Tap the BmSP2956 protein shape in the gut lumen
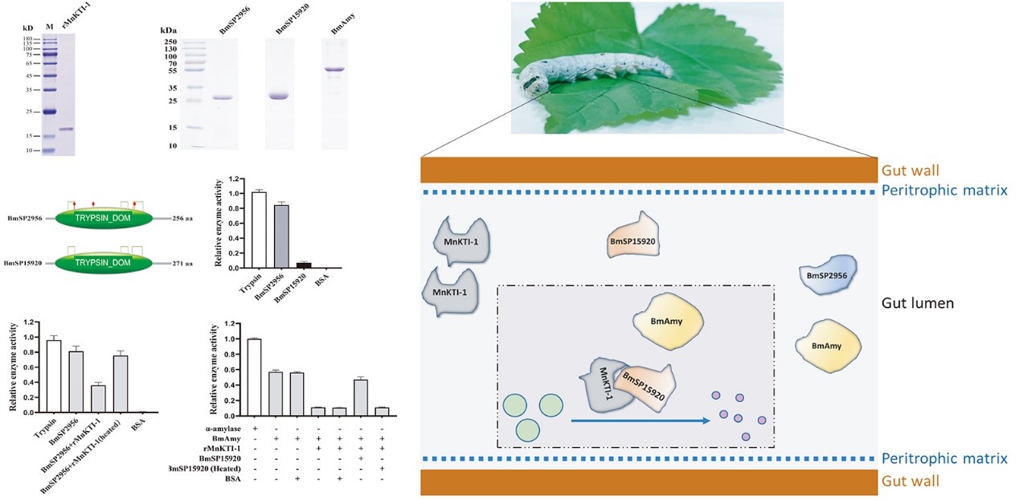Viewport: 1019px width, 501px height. (829, 275)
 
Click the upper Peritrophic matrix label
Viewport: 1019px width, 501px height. (944, 191)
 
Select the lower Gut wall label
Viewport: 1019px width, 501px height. (911, 481)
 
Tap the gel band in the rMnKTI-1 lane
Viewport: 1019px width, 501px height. (66, 129)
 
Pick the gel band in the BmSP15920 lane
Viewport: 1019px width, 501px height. (279, 97)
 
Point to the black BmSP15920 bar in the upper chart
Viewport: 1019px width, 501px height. (302, 265)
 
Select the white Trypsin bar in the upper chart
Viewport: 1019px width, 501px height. (259, 230)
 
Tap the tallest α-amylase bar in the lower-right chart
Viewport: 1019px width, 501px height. (255, 374)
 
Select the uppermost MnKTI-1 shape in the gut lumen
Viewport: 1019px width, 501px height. (464, 240)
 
